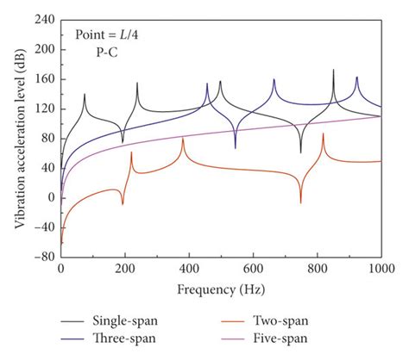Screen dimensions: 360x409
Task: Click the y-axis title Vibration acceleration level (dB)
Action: pyautogui.click(x=19, y=138)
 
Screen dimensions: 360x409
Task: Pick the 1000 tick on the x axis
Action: pyautogui.click(x=381, y=269)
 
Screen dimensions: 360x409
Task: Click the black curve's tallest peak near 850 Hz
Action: pyautogui.click(x=333, y=71)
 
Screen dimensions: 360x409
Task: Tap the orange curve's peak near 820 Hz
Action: pyautogui.click(x=324, y=134)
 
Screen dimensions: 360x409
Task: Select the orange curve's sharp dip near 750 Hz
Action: pyautogui.click(x=300, y=202)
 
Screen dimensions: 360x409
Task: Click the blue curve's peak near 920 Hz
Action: pyautogui.click(x=356, y=78)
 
